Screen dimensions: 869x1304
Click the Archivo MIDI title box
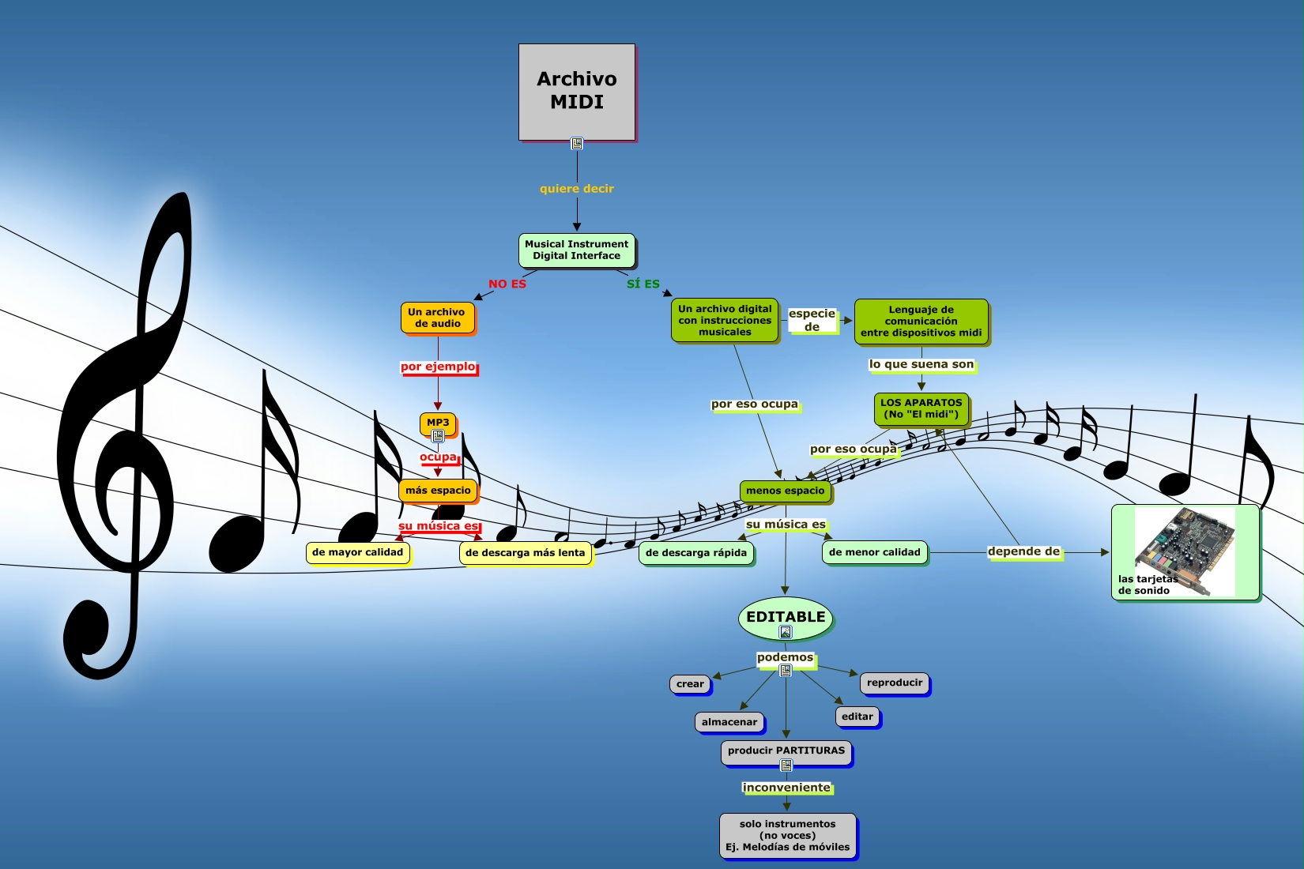point(577,92)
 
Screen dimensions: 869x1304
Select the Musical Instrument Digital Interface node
point(577,250)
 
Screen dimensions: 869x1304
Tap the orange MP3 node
point(438,423)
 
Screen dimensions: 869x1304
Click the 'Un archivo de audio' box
point(437,318)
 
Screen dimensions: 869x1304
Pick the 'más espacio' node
point(438,491)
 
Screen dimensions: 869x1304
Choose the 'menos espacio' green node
point(785,491)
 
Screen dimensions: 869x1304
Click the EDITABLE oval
point(786,617)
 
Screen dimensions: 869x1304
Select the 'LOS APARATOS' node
point(921,408)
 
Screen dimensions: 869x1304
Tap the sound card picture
point(1185,551)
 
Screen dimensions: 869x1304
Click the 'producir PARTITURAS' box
point(786,751)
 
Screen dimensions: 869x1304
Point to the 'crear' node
point(690,684)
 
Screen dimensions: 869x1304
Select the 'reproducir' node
point(895,683)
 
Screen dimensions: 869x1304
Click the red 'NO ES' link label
point(507,284)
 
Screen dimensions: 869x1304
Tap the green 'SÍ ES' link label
point(643,284)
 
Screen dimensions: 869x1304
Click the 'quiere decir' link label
point(577,189)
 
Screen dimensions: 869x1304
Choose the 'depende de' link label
point(1023,551)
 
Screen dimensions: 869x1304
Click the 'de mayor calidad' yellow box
point(357,552)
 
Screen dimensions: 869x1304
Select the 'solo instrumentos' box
point(788,835)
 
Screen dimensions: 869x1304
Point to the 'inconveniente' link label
point(786,788)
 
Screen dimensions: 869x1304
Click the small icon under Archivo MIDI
point(577,144)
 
